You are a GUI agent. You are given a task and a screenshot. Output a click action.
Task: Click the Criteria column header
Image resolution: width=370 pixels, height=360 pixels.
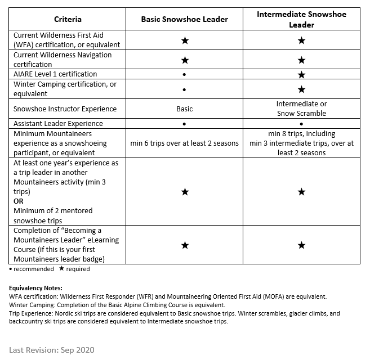point(70,19)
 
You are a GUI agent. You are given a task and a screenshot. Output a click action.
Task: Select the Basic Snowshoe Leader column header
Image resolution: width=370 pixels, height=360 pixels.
point(184,19)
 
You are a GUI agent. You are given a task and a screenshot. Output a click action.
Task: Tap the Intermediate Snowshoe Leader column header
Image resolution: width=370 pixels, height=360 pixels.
point(301,19)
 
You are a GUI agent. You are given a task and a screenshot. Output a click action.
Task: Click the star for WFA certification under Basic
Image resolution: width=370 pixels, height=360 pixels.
point(184,40)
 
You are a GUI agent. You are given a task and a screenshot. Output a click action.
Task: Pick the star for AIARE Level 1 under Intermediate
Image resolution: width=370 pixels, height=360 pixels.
point(301,74)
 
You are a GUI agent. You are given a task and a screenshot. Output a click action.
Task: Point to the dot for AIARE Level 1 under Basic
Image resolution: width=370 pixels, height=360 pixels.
point(184,74)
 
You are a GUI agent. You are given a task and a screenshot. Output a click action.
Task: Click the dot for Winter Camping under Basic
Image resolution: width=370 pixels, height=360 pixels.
point(184,89)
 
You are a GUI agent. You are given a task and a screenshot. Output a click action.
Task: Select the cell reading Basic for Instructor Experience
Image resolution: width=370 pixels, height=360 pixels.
point(184,109)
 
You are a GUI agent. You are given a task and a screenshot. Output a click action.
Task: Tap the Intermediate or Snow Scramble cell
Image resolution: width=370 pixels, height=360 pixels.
point(301,109)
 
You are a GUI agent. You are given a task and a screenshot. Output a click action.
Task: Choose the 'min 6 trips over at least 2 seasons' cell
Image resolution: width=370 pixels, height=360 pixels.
point(184,143)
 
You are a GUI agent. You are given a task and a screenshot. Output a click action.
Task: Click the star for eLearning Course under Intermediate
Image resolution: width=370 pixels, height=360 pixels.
point(301,245)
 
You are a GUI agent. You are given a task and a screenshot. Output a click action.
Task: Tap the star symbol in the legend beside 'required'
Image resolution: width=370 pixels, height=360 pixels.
point(61,269)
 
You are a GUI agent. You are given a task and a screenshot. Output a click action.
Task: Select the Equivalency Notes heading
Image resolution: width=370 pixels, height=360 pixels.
point(36,287)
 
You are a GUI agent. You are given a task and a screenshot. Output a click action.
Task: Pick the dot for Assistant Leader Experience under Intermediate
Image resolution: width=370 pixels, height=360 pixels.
point(301,124)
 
